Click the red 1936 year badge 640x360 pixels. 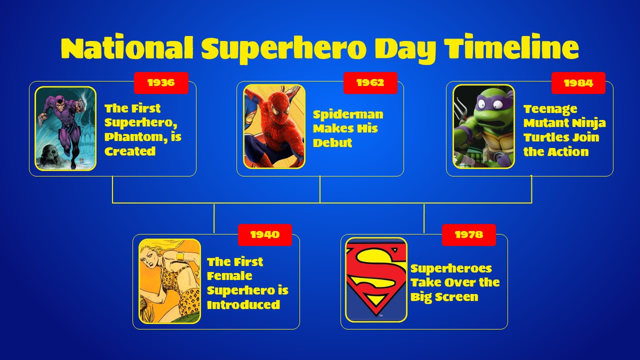[x=161, y=83]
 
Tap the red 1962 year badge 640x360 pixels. [x=370, y=83]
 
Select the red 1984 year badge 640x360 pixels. [x=578, y=83]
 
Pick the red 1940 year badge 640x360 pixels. [x=264, y=235]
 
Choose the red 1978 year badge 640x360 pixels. [x=468, y=235]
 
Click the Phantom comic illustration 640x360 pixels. [x=65, y=128]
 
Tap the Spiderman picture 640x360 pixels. [x=274, y=126]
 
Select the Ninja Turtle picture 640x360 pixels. [x=483, y=126]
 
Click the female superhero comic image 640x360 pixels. [x=169, y=281]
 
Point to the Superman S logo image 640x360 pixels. [x=376, y=279]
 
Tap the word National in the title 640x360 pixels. [x=127, y=48]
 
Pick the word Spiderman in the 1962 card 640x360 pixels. [x=348, y=114]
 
